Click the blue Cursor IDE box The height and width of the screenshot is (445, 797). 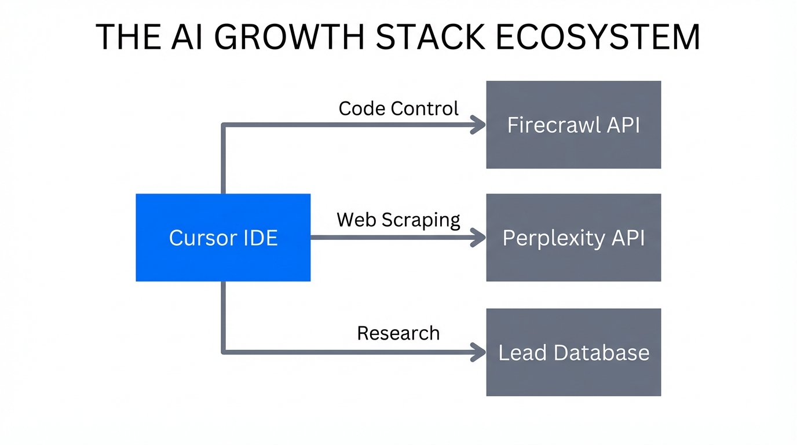[x=223, y=238]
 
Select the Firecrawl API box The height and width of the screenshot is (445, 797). [x=573, y=125]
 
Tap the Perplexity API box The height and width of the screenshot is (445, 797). [x=573, y=238]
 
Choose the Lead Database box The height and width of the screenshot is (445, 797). [x=573, y=352]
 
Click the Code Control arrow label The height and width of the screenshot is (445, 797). [x=398, y=108]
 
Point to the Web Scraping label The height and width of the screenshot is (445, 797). [x=398, y=220]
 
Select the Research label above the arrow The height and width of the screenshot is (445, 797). [x=398, y=333]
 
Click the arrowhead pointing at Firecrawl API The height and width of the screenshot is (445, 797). [x=478, y=125]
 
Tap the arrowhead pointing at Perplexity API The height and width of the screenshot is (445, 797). [x=478, y=238]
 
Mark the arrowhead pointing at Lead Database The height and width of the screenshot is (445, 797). [x=478, y=352]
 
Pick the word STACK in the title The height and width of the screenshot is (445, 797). [x=424, y=37]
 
